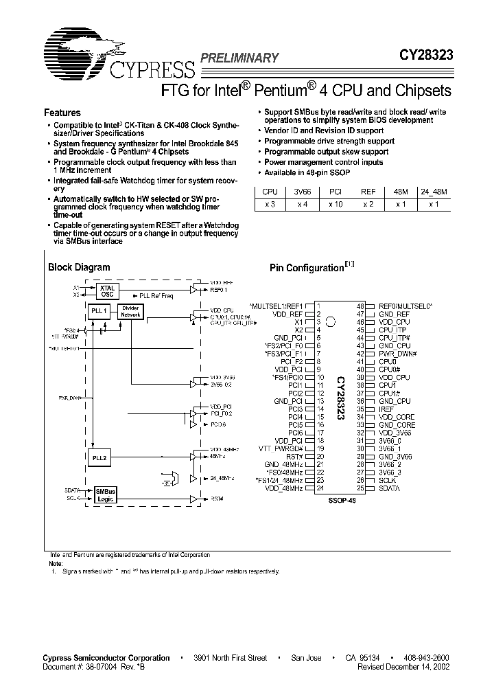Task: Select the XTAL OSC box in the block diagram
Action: tap(107, 290)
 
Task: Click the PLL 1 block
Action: tap(99, 311)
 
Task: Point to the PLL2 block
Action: tap(99, 456)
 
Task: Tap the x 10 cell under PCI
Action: tap(334, 205)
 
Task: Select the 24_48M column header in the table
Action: tap(433, 192)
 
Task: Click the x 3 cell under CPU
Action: tap(269, 205)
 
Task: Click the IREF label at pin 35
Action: tap(386, 409)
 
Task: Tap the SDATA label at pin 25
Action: tap(390, 488)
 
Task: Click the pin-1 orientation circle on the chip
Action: tap(331, 321)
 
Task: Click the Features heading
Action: tap(62, 113)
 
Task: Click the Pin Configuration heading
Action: tap(306, 268)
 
